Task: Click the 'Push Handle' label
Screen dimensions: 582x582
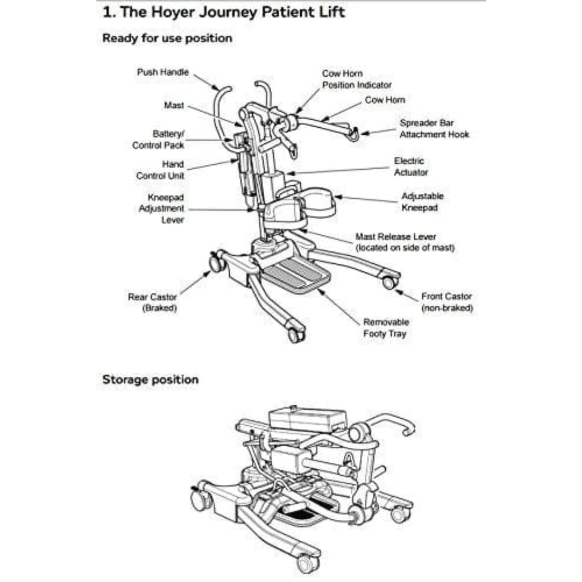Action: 163,72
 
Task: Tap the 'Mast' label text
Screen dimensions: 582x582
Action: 173,105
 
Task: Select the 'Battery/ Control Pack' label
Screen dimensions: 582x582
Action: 160,140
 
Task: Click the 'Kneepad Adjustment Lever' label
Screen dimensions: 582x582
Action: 161,208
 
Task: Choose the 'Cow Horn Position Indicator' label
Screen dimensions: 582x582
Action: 357,79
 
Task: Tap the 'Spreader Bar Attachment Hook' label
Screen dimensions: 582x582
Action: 434,128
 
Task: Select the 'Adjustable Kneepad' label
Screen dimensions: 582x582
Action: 422,202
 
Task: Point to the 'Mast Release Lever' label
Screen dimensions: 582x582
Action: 405,242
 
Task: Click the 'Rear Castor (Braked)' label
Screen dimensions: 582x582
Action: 152,302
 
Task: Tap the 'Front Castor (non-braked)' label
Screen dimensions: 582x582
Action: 447,302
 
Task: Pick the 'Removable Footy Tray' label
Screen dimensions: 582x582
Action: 386,328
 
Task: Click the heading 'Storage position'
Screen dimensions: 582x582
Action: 150,380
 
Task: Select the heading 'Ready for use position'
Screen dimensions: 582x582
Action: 167,39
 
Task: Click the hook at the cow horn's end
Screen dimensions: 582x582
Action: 354,134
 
